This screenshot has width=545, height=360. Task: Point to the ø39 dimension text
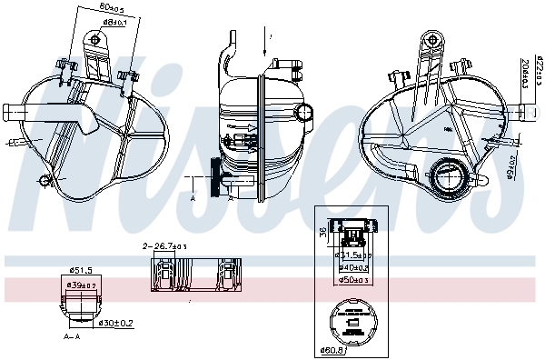84,286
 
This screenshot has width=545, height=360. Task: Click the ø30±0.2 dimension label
116,322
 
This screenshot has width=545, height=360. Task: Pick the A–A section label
72,336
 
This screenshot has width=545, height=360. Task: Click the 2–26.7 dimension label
165,246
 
